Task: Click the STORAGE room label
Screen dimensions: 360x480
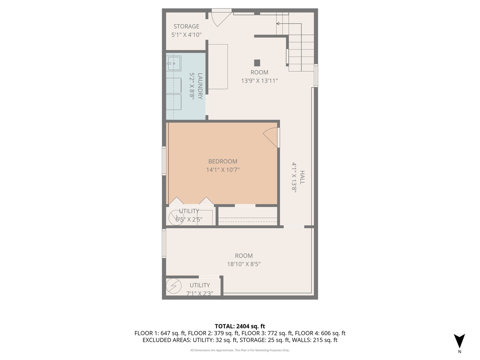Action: point(186,26)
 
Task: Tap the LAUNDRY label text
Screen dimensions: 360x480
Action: point(200,86)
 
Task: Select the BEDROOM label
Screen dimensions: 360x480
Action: point(223,161)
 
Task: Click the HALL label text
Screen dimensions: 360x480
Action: point(302,177)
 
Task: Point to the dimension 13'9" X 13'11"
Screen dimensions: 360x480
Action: point(259,81)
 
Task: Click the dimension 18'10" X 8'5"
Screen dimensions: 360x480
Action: point(244,264)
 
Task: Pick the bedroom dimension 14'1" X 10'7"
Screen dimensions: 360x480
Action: point(223,170)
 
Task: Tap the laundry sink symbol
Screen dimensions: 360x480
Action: point(174,63)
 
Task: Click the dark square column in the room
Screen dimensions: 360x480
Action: point(257,63)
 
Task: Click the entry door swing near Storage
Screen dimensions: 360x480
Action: point(220,18)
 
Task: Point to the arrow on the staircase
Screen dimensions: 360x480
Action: point(278,24)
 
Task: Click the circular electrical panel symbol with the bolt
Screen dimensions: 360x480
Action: point(174,286)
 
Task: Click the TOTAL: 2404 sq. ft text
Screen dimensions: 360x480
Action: point(240,326)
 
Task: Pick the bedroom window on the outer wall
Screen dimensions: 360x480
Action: point(164,161)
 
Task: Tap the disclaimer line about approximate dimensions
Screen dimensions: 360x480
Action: point(240,350)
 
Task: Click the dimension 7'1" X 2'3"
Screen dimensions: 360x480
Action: point(199,293)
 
